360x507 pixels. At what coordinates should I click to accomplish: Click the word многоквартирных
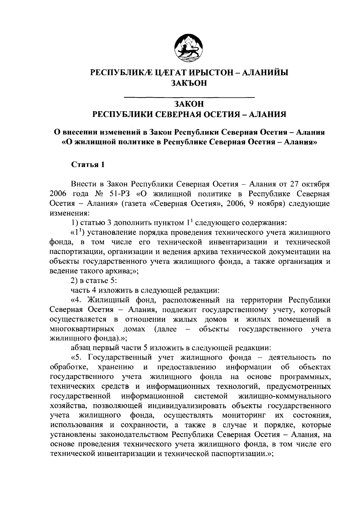82,329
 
